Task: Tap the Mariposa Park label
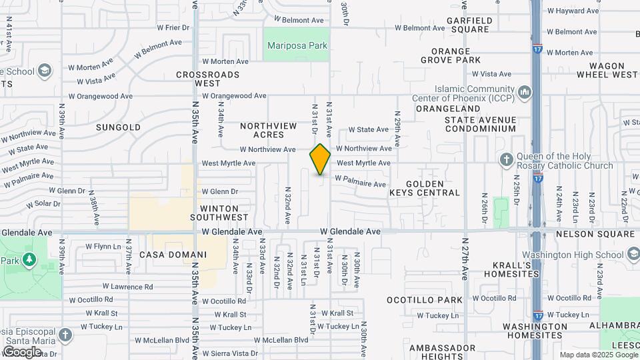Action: pyautogui.click(x=297, y=46)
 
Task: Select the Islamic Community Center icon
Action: pyautogui.click(x=525, y=91)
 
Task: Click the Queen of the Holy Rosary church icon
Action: pyautogui.click(x=506, y=159)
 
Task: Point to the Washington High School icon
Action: pyautogui.click(x=634, y=254)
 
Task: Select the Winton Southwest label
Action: pyautogui.click(x=219, y=213)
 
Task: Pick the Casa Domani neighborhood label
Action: pyautogui.click(x=173, y=255)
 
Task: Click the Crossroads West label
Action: pyautogui.click(x=208, y=79)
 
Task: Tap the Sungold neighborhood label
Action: pyautogui.click(x=118, y=127)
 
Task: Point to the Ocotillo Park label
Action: pyautogui.click(x=434, y=300)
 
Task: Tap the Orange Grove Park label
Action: pyautogui.click(x=456, y=55)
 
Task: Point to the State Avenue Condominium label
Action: pyautogui.click(x=481, y=124)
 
